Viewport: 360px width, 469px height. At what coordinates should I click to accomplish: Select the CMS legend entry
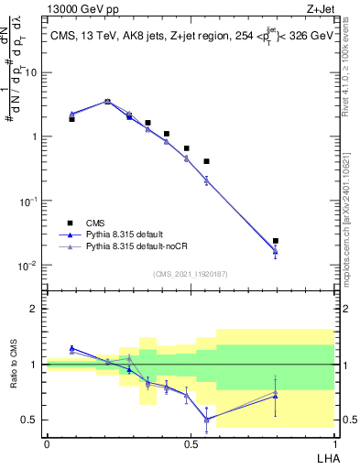(100, 223)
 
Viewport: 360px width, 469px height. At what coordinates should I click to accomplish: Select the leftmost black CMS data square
(71, 119)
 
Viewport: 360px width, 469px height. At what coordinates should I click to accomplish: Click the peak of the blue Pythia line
(108, 102)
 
